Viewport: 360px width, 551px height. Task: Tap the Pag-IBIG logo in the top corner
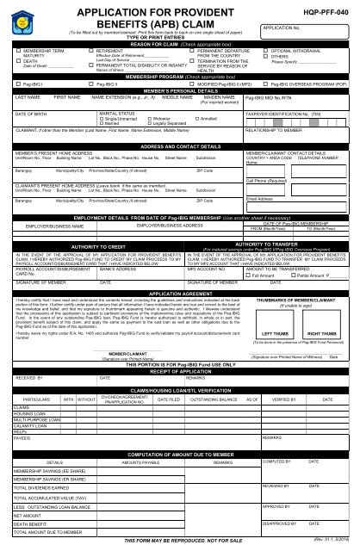coord(18,16)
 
